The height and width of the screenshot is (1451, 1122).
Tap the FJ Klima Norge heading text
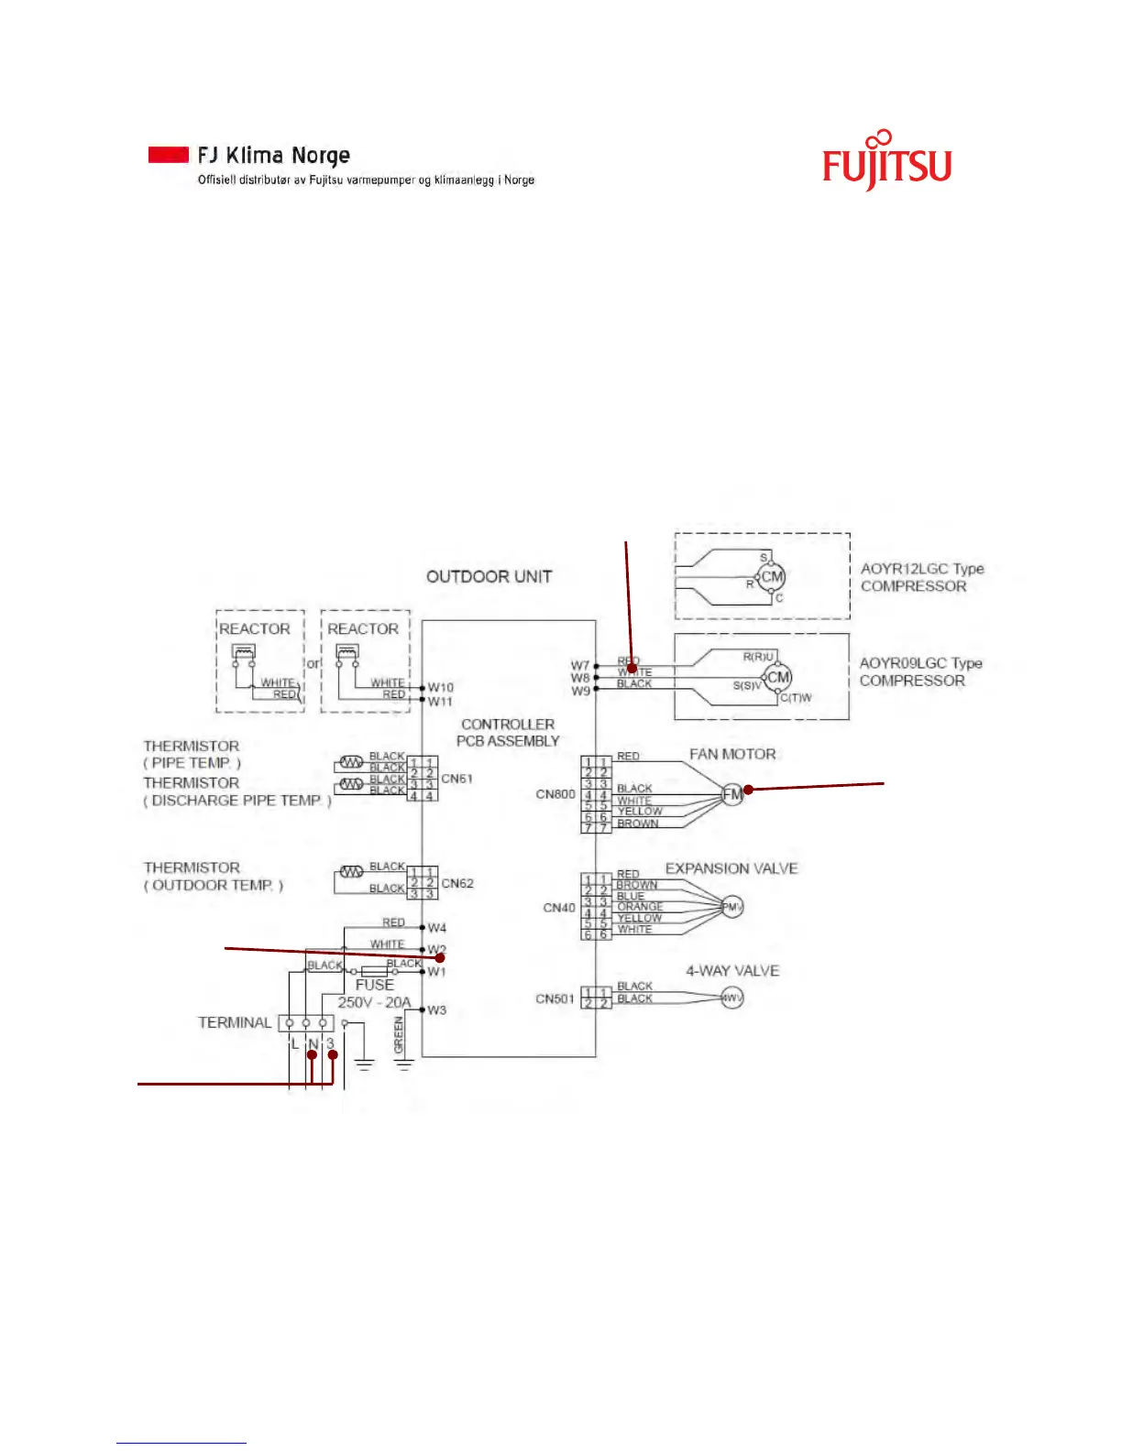pyautogui.click(x=273, y=155)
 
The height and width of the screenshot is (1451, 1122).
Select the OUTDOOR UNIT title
pyautogui.click(x=489, y=576)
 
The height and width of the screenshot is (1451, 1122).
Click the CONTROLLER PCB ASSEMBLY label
pyautogui.click(x=508, y=733)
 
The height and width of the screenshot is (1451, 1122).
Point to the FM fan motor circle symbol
pyautogui.click(x=731, y=794)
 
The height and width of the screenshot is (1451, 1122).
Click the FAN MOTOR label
pyautogui.click(x=732, y=754)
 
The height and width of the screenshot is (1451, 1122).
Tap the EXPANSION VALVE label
pyautogui.click(x=731, y=868)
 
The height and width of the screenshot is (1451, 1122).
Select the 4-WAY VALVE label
pyautogui.click(x=732, y=971)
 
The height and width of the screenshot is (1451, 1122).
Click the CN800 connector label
pyautogui.click(x=555, y=793)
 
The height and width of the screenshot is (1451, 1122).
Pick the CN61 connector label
pyautogui.click(x=456, y=779)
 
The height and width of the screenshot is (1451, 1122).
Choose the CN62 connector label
pyautogui.click(x=456, y=884)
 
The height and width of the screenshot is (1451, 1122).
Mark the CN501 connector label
pyautogui.click(x=555, y=998)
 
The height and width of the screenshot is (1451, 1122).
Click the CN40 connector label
pyautogui.click(x=559, y=908)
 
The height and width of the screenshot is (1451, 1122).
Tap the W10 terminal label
pyautogui.click(x=440, y=687)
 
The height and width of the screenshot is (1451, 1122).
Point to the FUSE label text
pyautogui.click(x=374, y=985)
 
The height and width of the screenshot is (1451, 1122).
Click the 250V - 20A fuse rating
pyautogui.click(x=374, y=1002)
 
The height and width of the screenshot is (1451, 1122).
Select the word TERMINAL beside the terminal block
pyautogui.click(x=235, y=1022)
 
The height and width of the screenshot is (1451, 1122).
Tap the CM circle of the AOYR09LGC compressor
pyautogui.click(x=778, y=678)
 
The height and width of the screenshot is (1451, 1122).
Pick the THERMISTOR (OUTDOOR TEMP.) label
pyautogui.click(x=214, y=877)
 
